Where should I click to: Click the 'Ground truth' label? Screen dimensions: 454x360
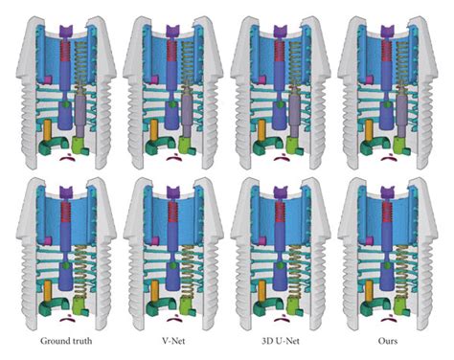[66, 341]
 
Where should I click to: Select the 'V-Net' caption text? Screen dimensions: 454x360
[173, 341]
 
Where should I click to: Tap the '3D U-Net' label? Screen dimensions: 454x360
[281, 341]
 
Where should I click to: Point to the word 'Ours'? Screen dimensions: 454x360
[388, 341]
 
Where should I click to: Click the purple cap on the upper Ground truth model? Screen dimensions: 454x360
[66, 31]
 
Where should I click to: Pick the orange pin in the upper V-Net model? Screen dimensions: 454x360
[154, 130]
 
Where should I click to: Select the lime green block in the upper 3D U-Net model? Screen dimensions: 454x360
[292, 146]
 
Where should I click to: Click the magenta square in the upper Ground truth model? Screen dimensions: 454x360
[48, 79]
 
